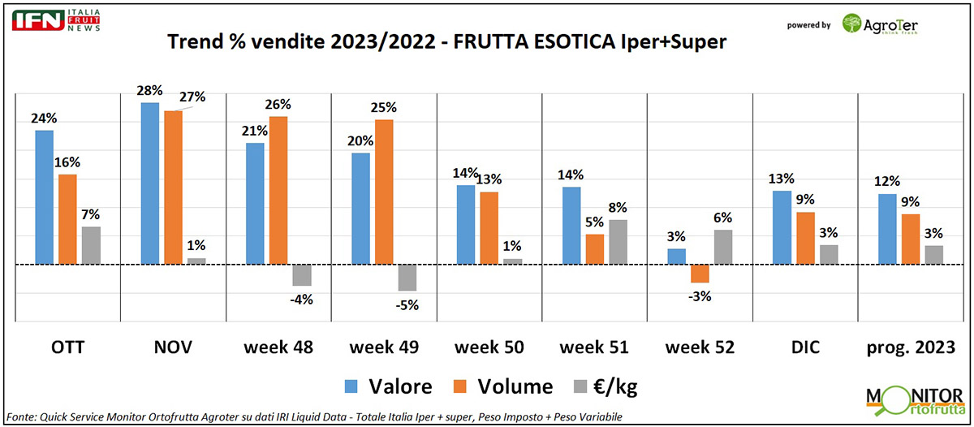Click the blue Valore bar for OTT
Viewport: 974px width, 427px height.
pyautogui.click(x=44, y=197)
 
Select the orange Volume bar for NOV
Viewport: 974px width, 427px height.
pyautogui.click(x=173, y=188)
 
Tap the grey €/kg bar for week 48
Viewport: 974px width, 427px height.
pyautogui.click(x=302, y=275)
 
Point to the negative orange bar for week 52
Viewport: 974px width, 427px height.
pyautogui.click(x=699, y=274)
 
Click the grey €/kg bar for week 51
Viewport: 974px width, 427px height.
pyautogui.click(x=618, y=242)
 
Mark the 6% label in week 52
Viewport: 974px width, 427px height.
pyautogui.click(x=722, y=218)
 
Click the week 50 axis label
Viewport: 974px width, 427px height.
pyautogui.click(x=489, y=347)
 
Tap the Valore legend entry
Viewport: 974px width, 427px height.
pyautogui.click(x=389, y=386)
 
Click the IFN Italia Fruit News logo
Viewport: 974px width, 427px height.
pyautogui.click(x=56, y=20)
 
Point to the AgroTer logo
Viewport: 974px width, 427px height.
pyautogui.click(x=880, y=24)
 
